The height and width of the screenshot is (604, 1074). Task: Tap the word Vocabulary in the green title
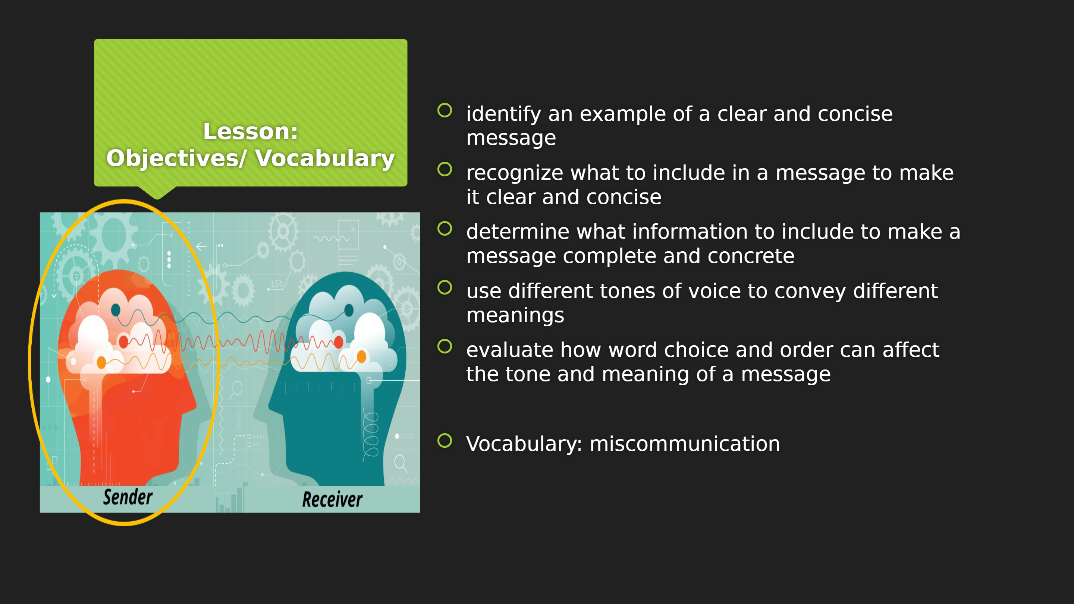pos(325,158)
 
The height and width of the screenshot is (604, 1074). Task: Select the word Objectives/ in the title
pos(177,158)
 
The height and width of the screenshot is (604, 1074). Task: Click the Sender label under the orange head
pos(128,497)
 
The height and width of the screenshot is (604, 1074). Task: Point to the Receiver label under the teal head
pos(332,499)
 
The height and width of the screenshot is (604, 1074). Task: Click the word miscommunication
pos(685,444)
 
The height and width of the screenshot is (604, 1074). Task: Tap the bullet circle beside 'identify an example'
pos(445,110)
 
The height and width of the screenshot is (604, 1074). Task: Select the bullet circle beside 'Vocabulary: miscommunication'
pos(445,441)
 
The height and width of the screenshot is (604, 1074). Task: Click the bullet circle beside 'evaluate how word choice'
pos(445,346)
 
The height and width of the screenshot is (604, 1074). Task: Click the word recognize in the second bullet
pos(515,173)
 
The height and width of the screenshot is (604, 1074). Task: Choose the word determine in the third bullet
pos(517,232)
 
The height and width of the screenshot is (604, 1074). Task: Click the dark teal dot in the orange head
pos(116,310)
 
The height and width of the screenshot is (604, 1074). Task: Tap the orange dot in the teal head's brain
pos(361,356)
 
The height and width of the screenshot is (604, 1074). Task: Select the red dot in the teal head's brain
pos(339,342)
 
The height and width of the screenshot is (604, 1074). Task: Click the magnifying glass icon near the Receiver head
pos(401,463)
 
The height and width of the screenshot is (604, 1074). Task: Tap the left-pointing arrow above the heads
pos(201,247)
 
